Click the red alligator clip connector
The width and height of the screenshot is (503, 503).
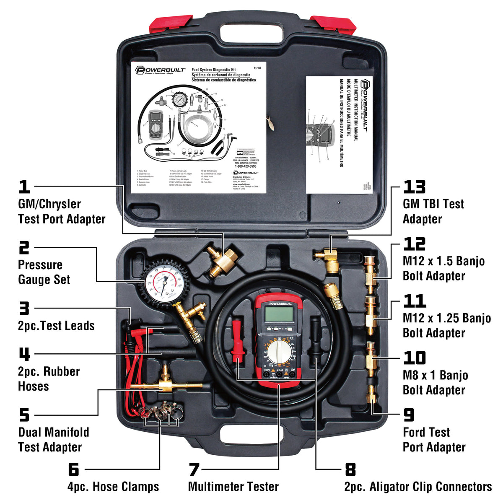237,340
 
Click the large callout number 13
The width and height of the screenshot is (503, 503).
414,187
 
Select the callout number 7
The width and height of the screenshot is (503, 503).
193,469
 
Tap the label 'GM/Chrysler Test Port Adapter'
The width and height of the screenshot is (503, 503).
62,212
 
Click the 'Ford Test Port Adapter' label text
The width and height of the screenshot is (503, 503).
434,439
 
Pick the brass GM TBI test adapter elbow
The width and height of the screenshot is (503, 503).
328,258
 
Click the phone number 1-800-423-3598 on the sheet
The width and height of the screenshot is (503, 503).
245,166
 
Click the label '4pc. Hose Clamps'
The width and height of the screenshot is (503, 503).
113,487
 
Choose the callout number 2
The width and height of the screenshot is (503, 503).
24,248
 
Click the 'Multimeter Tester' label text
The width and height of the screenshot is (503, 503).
233,487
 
